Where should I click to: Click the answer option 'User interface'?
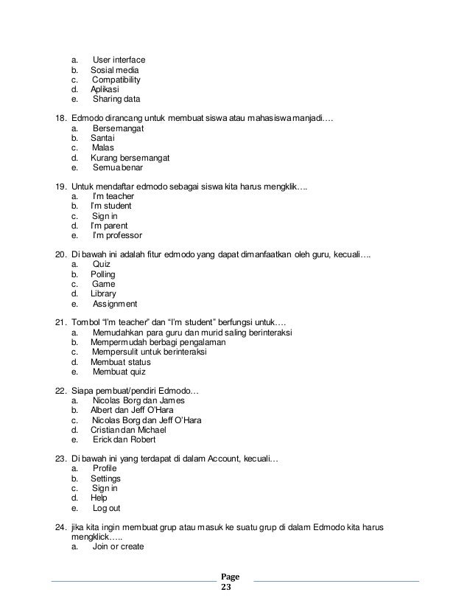pyautogui.click(x=119, y=60)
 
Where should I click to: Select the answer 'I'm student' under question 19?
pyautogui.click(x=111, y=206)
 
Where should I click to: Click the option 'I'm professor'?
pyautogui.click(x=117, y=236)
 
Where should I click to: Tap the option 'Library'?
pyautogui.click(x=103, y=293)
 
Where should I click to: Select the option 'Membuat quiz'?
pyautogui.click(x=120, y=372)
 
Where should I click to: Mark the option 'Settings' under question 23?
pyautogui.click(x=105, y=478)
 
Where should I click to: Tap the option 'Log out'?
pyautogui.click(x=107, y=508)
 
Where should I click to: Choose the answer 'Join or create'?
pyautogui.click(x=118, y=547)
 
